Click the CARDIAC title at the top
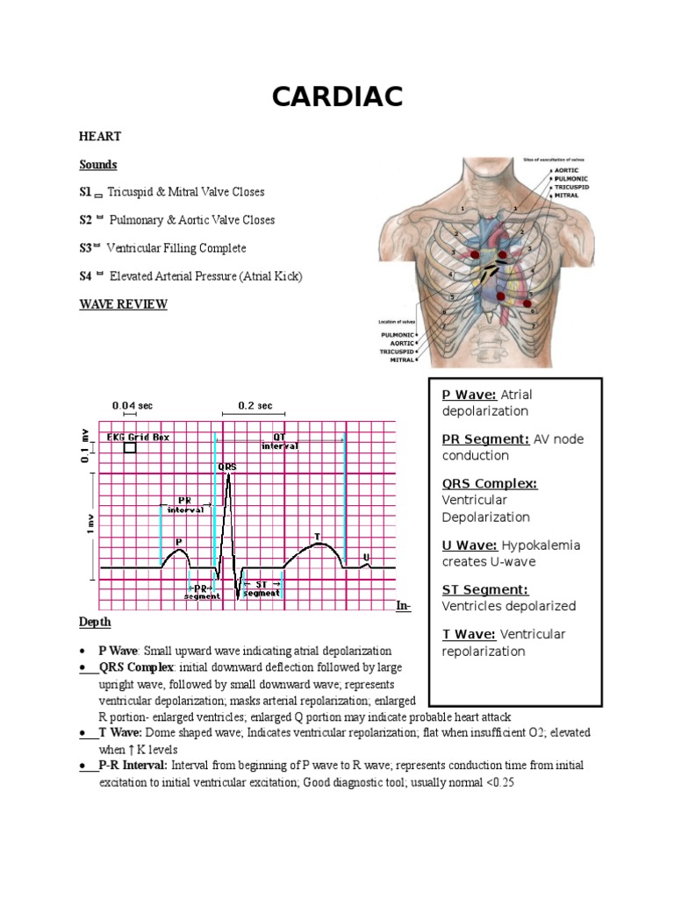tap(337, 96)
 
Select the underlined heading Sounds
tap(97, 164)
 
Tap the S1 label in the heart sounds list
tap(85, 192)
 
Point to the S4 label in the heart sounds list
tap(85, 276)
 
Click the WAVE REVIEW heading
tap(123, 304)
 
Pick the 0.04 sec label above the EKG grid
tap(133, 406)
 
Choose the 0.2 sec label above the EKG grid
tap(255, 406)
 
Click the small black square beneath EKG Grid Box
tap(131, 447)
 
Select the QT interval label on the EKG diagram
tap(280, 440)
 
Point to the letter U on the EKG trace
tap(366, 558)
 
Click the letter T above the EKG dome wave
tap(317, 537)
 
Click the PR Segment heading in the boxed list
tap(485, 438)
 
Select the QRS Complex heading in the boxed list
tap(490, 483)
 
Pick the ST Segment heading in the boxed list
tap(485, 589)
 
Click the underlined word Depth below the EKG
tap(95, 622)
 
